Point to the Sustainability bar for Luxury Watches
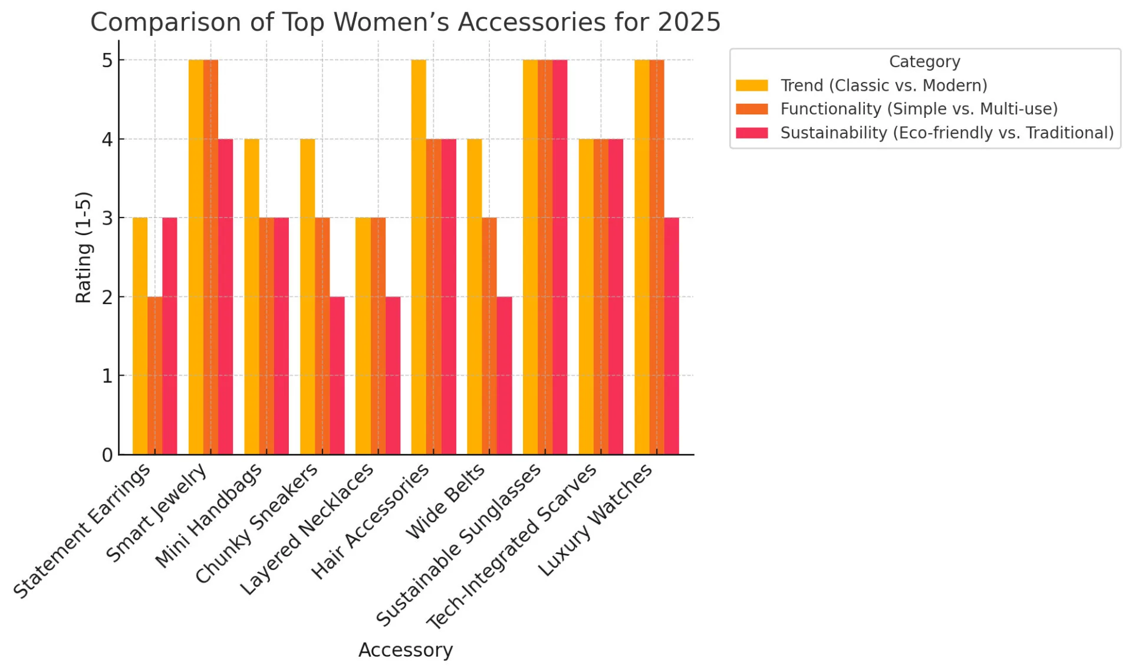tap(672, 336)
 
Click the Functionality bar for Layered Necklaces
tap(378, 336)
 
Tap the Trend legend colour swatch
tap(752, 85)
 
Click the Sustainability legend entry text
tap(947, 133)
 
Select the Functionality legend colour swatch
tap(752, 109)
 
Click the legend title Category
tap(924, 61)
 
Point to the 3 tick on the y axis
tap(107, 218)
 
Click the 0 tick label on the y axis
tap(107, 455)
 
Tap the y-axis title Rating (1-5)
tap(84, 248)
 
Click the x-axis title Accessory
tap(406, 650)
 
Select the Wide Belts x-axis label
tap(446, 502)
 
